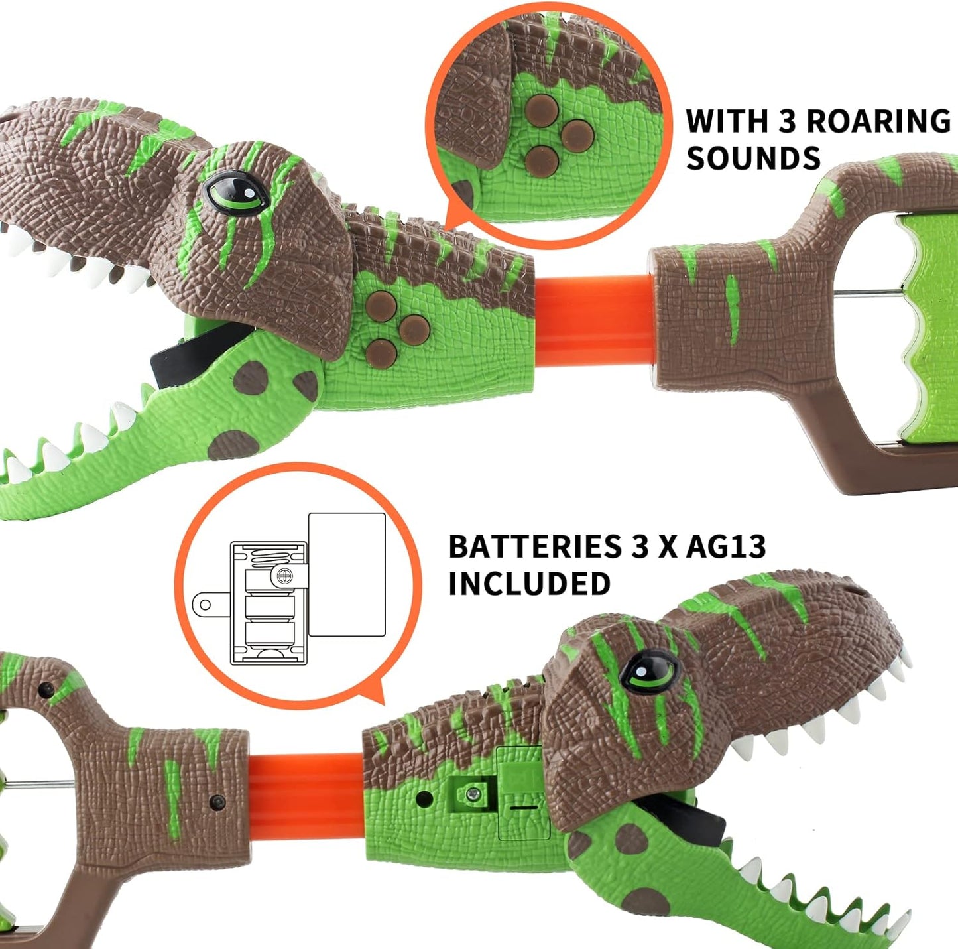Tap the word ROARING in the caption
[878, 121]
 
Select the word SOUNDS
[753, 158]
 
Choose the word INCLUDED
[529, 584]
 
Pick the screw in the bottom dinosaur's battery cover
[472, 794]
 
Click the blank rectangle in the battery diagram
[347, 574]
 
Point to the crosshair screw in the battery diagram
[284, 576]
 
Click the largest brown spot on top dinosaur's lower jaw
[232, 445]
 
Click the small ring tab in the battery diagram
[206, 605]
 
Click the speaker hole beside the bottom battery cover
[424, 800]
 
